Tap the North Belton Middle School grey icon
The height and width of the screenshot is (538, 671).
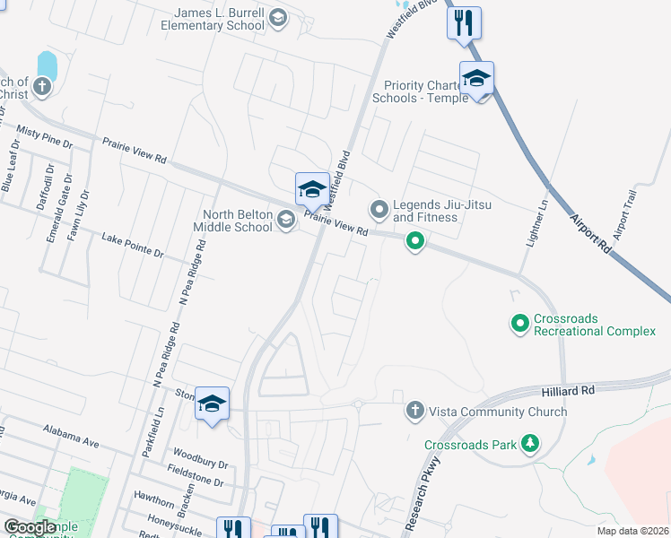click(x=286, y=220)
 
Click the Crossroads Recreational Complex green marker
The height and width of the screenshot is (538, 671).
click(x=519, y=323)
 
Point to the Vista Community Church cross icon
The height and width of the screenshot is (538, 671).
click(x=414, y=411)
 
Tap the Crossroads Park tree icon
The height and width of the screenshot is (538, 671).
click(x=530, y=443)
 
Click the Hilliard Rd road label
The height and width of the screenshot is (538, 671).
click(x=567, y=391)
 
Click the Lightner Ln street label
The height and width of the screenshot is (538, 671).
click(x=543, y=215)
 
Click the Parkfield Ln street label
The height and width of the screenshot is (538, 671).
click(x=150, y=435)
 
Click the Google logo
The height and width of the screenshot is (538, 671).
click(x=30, y=527)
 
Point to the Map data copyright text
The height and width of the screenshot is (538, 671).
click(x=632, y=531)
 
